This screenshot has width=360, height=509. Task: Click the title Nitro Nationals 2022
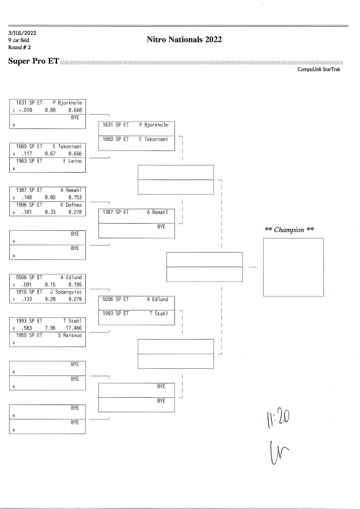[x=184, y=40]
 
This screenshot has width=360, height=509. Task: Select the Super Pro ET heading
[x=34, y=62]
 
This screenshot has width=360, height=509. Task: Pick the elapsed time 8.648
[x=74, y=109]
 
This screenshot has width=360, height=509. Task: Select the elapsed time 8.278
[x=74, y=212]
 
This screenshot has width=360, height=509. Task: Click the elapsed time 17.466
[x=73, y=328]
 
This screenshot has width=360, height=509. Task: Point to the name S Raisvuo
[x=70, y=335]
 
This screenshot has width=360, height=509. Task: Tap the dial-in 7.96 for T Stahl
[x=50, y=328]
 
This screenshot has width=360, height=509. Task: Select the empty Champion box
[x=293, y=267]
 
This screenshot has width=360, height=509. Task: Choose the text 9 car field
[x=19, y=40]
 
